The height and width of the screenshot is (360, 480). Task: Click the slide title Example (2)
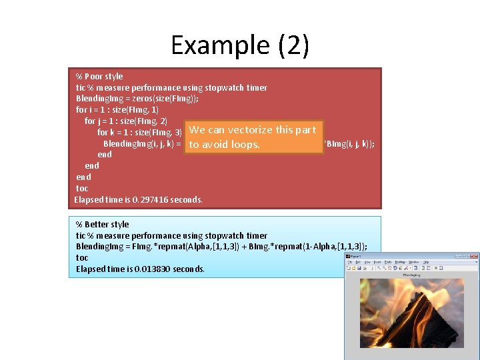point(240,45)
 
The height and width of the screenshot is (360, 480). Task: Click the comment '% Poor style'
point(99,76)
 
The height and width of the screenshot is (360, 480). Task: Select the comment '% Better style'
point(103,224)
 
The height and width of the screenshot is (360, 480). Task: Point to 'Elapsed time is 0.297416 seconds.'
point(139,199)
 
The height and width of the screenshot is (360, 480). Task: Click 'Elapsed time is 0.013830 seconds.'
point(141,269)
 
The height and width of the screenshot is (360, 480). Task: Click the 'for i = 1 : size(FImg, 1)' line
point(117,109)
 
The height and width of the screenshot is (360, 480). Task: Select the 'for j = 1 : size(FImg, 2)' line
point(126,121)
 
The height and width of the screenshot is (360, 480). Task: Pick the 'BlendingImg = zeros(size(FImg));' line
point(137,98)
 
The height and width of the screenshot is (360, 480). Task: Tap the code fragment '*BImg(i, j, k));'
point(349,143)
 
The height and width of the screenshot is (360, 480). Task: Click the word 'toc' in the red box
point(82,188)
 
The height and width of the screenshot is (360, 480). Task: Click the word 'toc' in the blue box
point(82,258)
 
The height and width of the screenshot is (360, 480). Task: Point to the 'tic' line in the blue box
point(171,235)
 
